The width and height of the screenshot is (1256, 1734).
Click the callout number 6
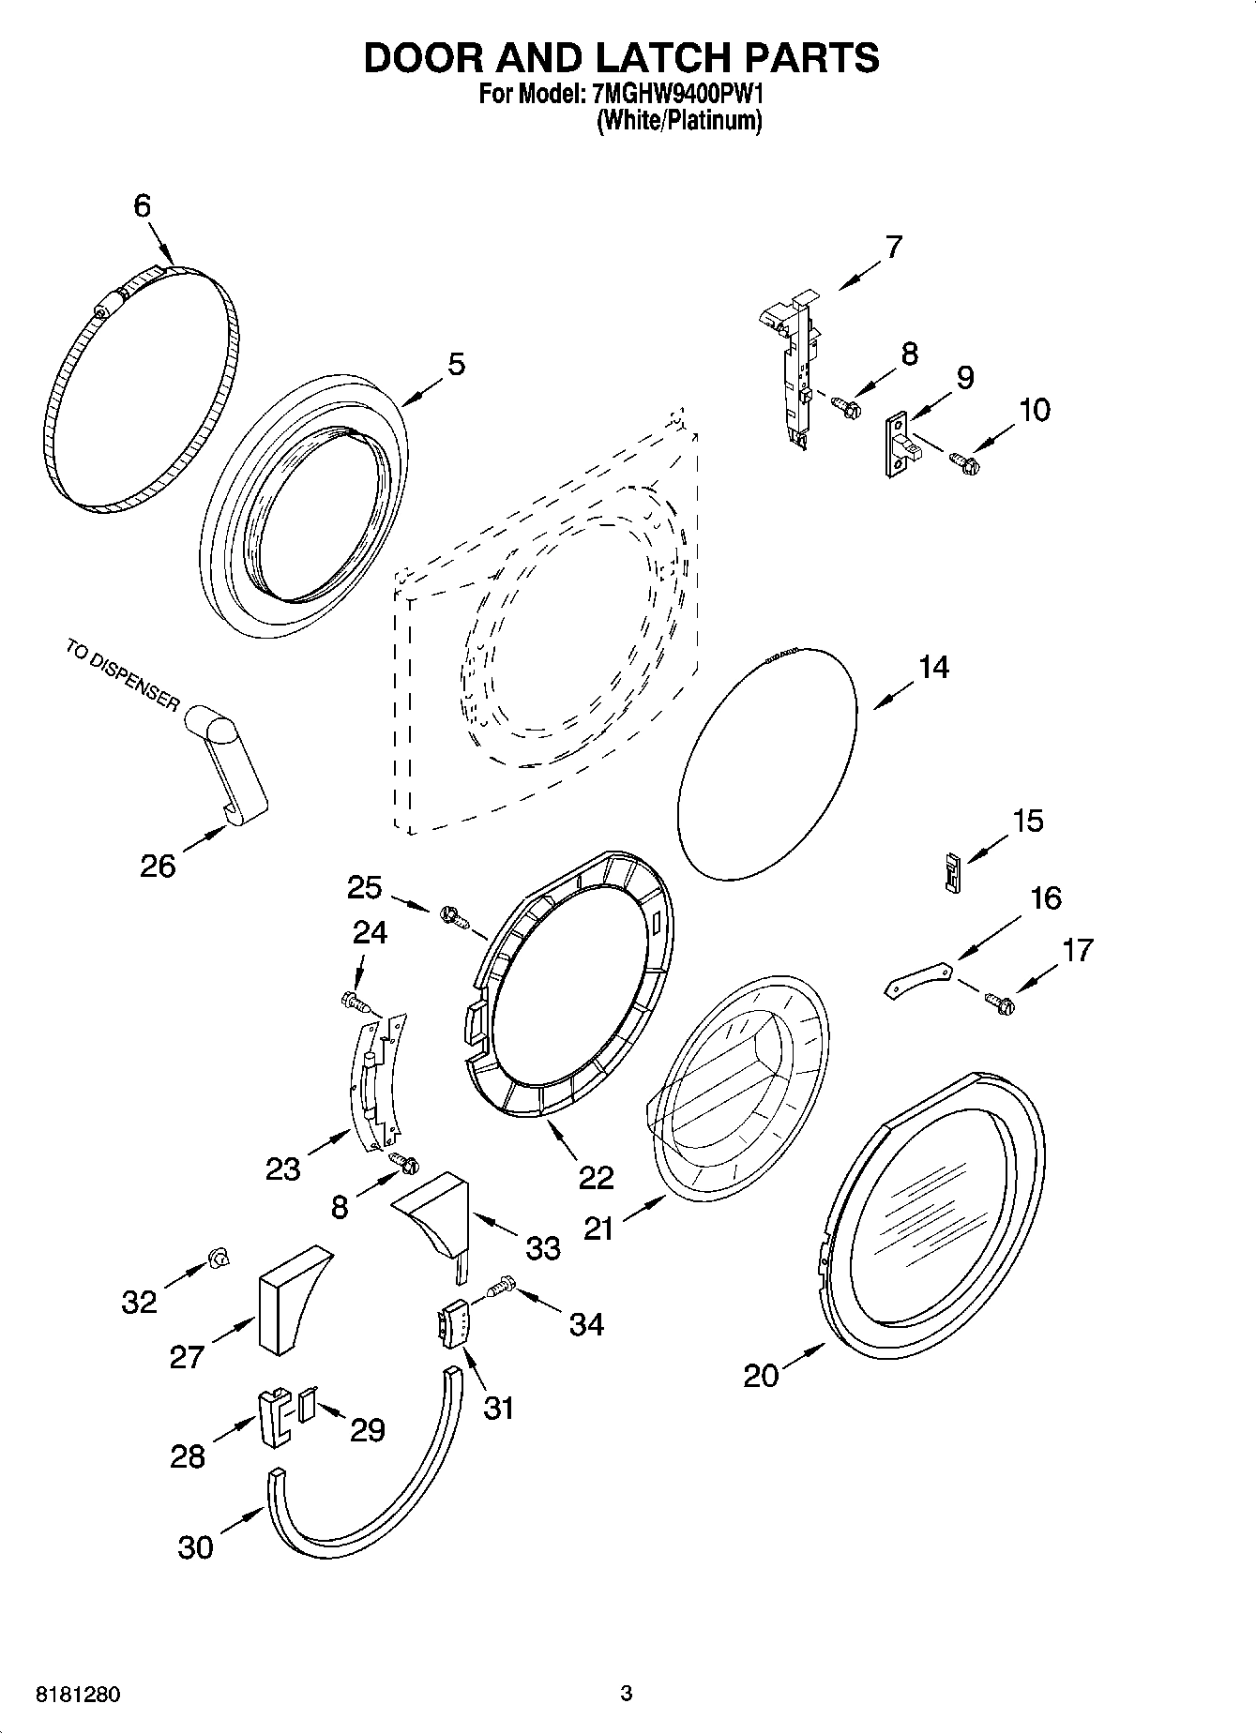pos(142,205)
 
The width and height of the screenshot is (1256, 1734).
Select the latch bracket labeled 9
pos(901,446)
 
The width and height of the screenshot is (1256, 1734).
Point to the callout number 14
pos(932,668)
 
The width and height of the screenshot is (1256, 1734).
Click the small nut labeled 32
pos(219,1258)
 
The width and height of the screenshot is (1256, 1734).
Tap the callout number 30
pos(195,1546)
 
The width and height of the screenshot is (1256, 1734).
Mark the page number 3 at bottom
pos(627,1694)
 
